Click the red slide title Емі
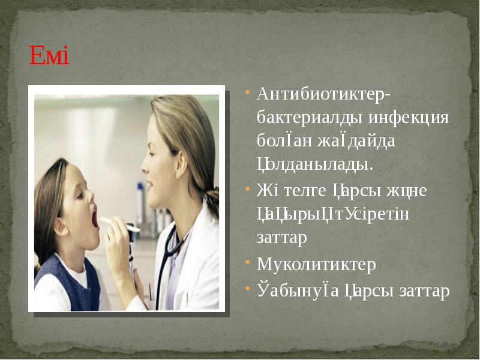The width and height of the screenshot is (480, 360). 50,58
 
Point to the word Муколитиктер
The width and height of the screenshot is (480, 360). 316,265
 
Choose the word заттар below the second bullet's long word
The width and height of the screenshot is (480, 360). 281,238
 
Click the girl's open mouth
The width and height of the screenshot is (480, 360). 94,217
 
